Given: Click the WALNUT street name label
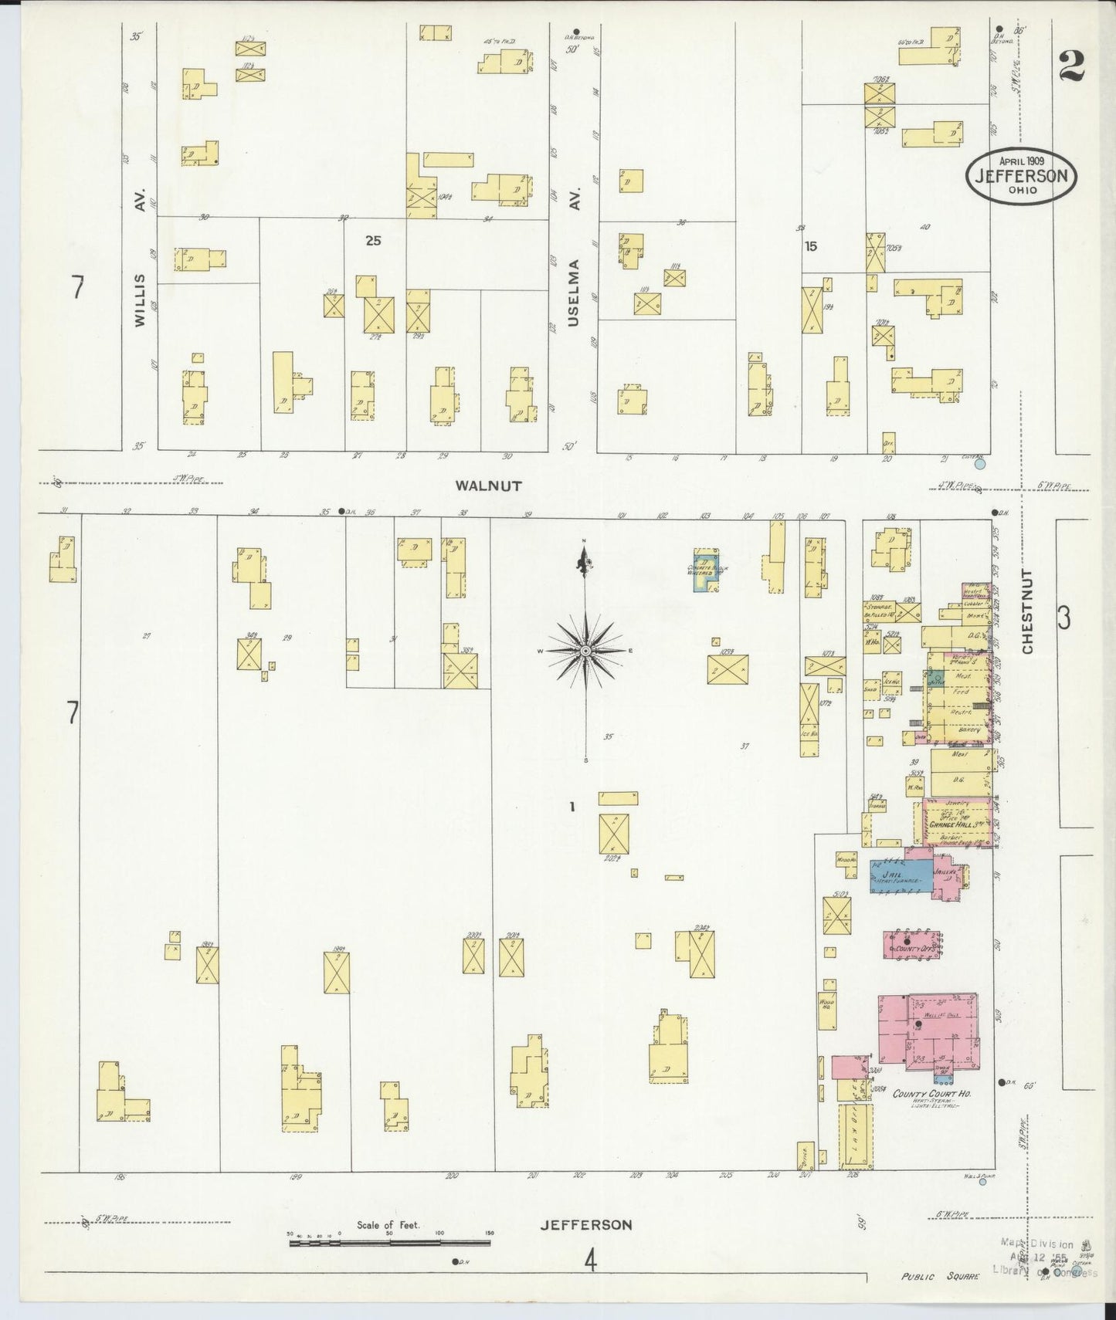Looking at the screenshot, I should click(x=488, y=486).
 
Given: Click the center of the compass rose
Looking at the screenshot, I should click(x=585, y=652).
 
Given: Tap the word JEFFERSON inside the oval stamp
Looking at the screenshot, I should click(x=1020, y=175).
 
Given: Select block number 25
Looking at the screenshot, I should click(x=373, y=241).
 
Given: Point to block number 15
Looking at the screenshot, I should click(x=810, y=246).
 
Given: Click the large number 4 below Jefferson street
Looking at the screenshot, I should click(x=590, y=1261).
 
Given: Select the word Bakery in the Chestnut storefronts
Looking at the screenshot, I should click(x=960, y=728).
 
